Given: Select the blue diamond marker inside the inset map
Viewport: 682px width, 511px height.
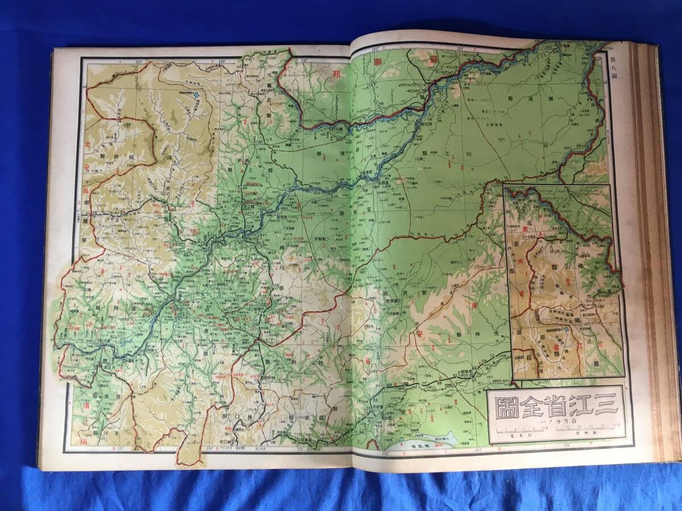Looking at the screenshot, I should [567, 329].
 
